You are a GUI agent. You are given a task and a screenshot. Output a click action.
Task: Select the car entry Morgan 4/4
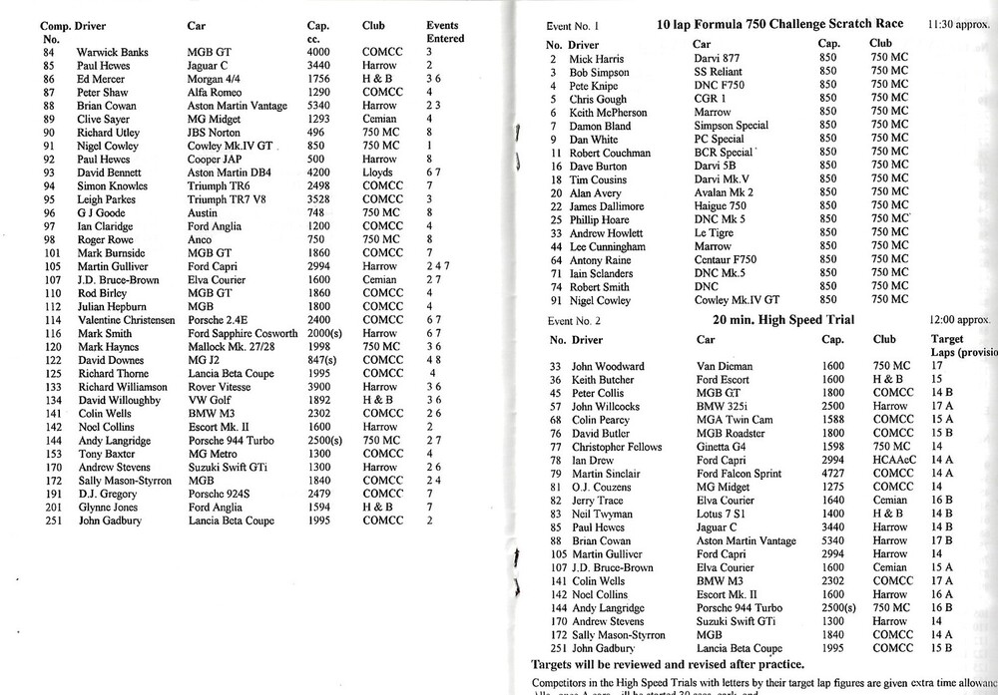pyautogui.click(x=214, y=77)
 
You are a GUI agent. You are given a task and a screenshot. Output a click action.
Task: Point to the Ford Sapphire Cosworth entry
pyautogui.click(x=243, y=332)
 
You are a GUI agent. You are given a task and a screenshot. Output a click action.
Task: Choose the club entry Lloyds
pyautogui.click(x=377, y=172)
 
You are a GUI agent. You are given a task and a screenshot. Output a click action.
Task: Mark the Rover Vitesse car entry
pyautogui.click(x=221, y=386)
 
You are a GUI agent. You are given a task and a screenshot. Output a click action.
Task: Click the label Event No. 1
pyautogui.click(x=572, y=25)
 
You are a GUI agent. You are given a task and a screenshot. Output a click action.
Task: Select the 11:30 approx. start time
pyautogui.click(x=959, y=24)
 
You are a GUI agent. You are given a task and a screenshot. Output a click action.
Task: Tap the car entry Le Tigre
pyautogui.click(x=715, y=233)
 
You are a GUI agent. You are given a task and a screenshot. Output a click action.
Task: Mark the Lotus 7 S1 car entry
pyautogui.click(x=724, y=514)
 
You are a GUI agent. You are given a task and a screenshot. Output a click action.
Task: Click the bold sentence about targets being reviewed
pyautogui.click(x=668, y=663)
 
